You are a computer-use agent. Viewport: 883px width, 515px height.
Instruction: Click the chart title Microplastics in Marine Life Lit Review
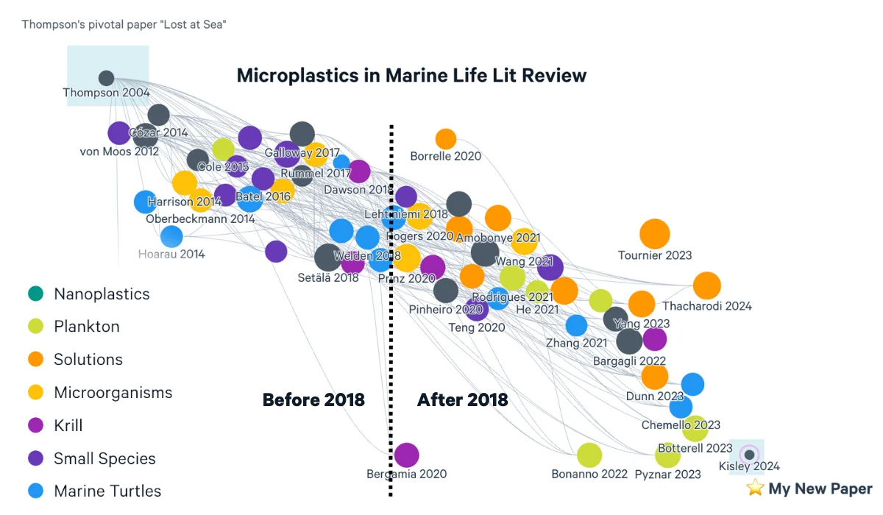click(411, 75)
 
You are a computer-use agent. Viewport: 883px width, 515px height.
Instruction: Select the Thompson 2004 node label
click(106, 93)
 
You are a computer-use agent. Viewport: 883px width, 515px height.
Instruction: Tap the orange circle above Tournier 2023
click(654, 234)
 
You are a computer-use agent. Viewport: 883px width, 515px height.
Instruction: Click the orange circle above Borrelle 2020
click(445, 138)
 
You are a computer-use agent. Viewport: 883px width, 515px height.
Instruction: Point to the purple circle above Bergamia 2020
click(406, 455)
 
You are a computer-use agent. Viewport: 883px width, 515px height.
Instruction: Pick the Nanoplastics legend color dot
click(34, 294)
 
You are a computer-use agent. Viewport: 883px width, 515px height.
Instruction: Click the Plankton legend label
click(86, 327)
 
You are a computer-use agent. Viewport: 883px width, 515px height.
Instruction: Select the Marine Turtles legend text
click(107, 491)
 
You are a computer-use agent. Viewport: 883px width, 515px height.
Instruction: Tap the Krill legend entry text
click(68, 425)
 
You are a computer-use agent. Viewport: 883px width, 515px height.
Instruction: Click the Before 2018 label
click(313, 399)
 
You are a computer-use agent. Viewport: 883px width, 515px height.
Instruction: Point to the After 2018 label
click(462, 399)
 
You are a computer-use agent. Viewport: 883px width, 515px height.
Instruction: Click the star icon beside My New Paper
click(754, 488)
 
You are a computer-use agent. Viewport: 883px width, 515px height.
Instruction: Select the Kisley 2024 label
click(749, 466)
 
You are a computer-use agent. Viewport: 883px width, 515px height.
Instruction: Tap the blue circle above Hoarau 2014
click(171, 236)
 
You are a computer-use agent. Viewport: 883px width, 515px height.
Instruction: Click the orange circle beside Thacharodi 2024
click(706, 285)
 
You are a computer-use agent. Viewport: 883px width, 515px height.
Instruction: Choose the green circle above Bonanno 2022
click(589, 455)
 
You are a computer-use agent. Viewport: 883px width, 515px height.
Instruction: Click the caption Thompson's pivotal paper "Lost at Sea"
click(124, 24)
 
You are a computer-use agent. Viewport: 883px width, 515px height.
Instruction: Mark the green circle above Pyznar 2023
click(667, 455)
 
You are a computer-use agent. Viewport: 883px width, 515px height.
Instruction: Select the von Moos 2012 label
click(119, 152)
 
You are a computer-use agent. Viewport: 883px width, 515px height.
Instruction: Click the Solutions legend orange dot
click(34, 360)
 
